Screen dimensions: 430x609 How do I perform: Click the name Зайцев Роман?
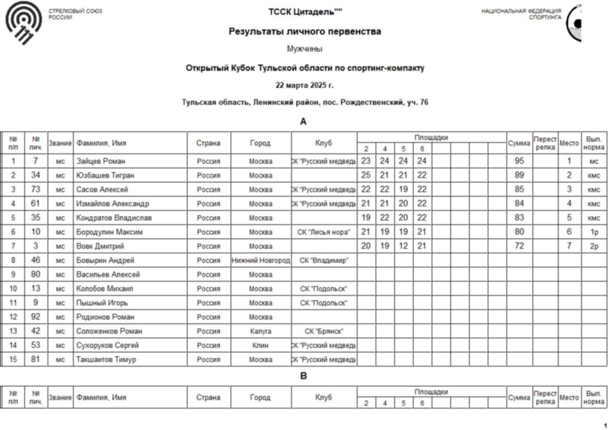(101, 161)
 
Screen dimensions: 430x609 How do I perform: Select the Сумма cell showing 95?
(519, 161)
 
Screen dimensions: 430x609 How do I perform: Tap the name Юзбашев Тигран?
(105, 176)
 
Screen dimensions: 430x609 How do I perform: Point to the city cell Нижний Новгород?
(261, 261)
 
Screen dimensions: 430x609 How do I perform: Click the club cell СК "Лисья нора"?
(323, 232)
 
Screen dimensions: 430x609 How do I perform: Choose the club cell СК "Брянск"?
(323, 331)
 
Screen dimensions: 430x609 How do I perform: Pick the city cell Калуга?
(261, 331)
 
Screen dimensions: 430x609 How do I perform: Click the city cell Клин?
(261, 346)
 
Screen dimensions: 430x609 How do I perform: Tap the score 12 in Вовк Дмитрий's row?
(403, 246)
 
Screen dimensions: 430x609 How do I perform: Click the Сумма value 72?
(519, 246)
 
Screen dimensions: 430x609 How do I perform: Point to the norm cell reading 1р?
(593, 232)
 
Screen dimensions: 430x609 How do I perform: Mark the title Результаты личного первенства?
(305, 32)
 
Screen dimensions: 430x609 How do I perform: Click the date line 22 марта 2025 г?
(305, 86)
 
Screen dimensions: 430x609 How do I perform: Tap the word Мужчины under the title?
(305, 49)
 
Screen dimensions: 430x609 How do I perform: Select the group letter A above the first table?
(303, 122)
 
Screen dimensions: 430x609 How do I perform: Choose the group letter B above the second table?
(303, 376)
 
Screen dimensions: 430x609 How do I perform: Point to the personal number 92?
(36, 317)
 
